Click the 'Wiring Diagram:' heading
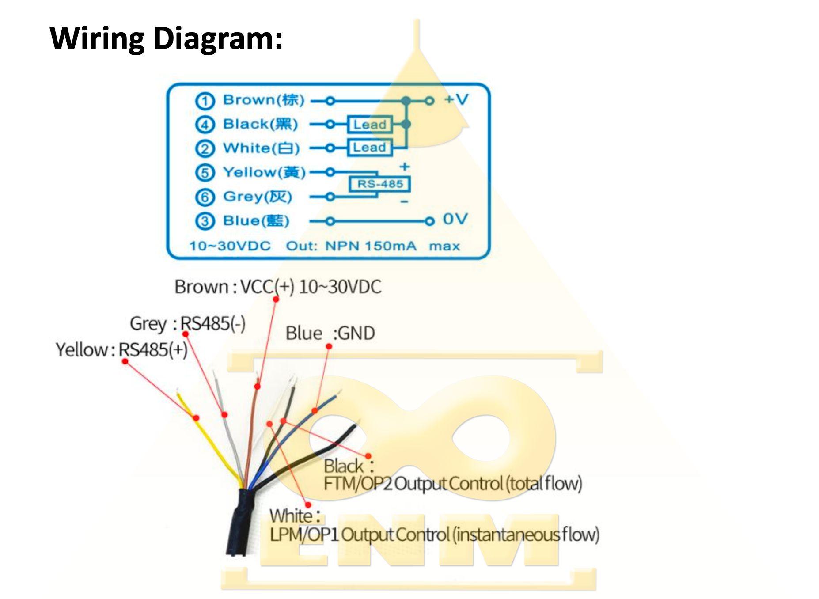(166, 38)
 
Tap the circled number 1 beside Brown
(205, 101)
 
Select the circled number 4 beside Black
(205, 125)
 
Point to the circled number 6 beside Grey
(205, 197)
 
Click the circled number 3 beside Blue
(205, 221)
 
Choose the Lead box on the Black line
(370, 125)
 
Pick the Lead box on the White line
(370, 148)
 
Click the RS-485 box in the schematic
(380, 184)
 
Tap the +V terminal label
(456, 99)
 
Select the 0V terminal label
(455, 219)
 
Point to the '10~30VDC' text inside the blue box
(230, 246)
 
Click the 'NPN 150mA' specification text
(371, 246)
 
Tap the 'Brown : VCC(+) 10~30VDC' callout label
(278, 287)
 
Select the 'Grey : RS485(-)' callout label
(187, 323)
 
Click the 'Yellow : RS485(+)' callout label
(121, 350)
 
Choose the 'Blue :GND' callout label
(330, 333)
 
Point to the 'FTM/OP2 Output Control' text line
(452, 484)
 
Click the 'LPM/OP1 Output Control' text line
(434, 535)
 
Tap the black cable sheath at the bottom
(240, 526)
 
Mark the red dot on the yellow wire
(196, 418)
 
